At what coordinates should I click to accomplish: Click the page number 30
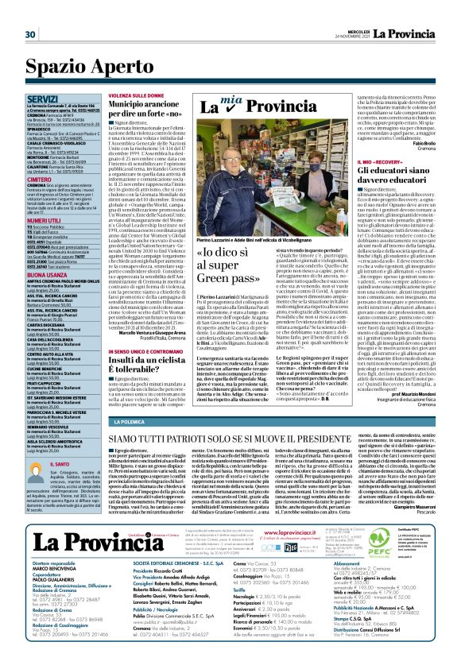tap(30, 34)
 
